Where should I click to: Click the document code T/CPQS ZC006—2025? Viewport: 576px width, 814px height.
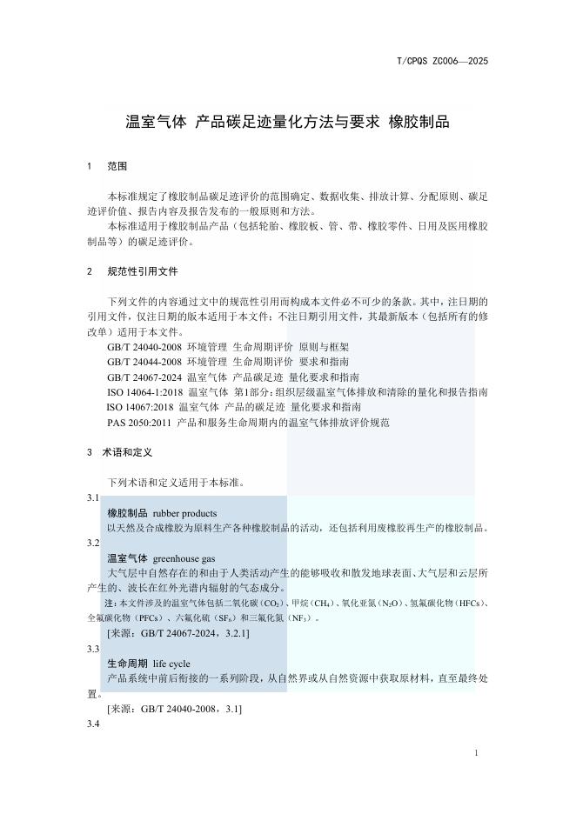click(441, 61)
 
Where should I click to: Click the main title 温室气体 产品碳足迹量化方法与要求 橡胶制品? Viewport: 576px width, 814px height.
click(288, 122)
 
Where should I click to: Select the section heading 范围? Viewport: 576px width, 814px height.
click(117, 165)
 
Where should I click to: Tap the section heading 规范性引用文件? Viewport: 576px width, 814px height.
click(143, 271)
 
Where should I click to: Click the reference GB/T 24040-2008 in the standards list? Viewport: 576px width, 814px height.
click(144, 347)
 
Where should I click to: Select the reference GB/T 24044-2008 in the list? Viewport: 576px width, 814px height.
click(144, 362)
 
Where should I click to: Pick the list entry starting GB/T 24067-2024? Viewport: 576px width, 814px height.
click(144, 377)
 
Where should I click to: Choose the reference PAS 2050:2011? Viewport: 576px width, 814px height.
click(139, 422)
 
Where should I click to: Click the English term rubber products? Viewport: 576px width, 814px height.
click(184, 513)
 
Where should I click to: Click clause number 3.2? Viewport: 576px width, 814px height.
click(93, 543)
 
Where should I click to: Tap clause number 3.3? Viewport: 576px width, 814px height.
click(93, 649)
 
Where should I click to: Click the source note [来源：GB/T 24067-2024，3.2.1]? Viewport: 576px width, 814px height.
click(178, 633)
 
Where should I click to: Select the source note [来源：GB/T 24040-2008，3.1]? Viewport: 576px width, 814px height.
click(174, 710)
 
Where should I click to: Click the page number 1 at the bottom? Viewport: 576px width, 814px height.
click(477, 752)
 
